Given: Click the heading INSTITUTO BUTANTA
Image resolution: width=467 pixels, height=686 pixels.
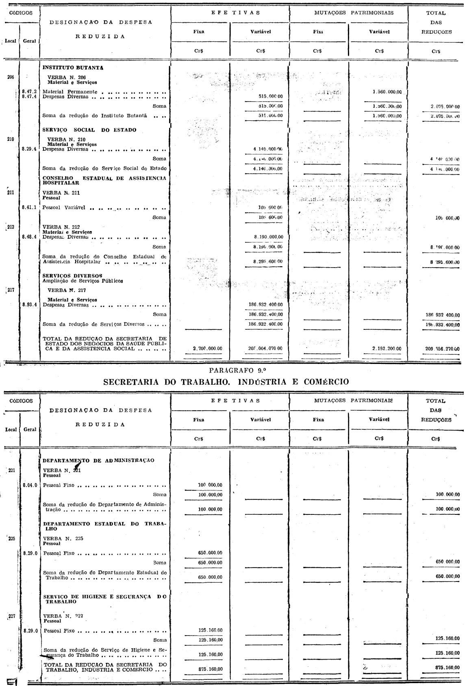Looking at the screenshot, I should coord(73,68).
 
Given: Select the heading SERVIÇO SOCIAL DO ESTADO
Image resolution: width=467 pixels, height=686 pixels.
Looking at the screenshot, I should coord(89,130).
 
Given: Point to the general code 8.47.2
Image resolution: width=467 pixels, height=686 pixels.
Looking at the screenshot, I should coord(29,92).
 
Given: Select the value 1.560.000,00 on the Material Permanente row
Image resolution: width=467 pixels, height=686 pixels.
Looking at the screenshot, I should coord(387,92).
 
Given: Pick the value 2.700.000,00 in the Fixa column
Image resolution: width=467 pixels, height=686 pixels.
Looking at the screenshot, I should coord(207,348).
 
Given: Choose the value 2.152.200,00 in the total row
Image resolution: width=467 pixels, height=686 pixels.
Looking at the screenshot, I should coord(387,348).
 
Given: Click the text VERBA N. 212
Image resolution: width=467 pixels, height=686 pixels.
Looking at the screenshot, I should coord(61,227).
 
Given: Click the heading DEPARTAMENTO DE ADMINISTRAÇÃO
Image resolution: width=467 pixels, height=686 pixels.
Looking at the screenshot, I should coord(99,460).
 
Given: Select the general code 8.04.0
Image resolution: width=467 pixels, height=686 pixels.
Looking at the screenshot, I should coord(30,485).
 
